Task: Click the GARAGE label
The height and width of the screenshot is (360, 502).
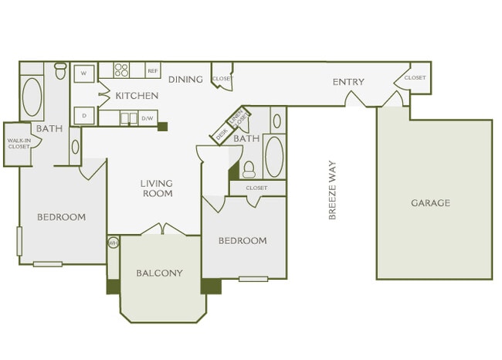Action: tap(430, 203)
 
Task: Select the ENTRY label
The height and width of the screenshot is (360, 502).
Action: tap(348, 83)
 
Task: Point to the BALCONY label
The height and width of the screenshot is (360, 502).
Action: tap(160, 273)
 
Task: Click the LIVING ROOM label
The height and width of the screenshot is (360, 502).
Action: tap(157, 188)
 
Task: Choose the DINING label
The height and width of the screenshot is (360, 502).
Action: tap(185, 80)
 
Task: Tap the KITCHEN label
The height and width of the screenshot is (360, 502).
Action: tap(137, 97)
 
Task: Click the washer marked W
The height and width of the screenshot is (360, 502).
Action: tap(83, 74)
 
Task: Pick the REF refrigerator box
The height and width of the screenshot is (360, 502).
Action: tap(152, 71)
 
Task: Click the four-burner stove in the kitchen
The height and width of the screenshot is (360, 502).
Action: tap(122, 70)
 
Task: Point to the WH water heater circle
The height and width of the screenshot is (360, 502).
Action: tap(113, 243)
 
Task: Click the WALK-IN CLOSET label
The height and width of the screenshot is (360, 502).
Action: tap(18, 144)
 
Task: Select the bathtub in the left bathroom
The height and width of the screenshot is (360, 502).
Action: tap(32, 97)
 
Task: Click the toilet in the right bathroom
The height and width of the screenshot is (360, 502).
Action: tap(249, 168)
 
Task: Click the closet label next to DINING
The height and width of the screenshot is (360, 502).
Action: tap(222, 79)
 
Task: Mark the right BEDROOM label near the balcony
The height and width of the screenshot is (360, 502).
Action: tap(243, 241)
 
